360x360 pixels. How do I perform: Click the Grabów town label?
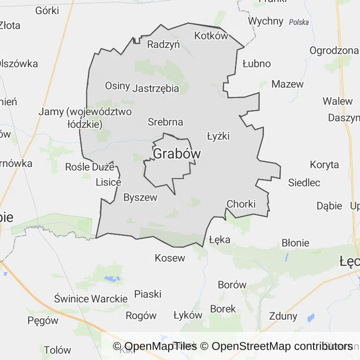pyautogui.click(x=177, y=154)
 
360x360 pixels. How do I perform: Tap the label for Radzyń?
pyautogui.click(x=164, y=45)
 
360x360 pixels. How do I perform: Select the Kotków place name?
pyautogui.click(x=211, y=36)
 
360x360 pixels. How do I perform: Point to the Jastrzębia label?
pyautogui.click(x=156, y=88)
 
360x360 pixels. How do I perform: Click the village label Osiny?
pyautogui.click(x=117, y=85)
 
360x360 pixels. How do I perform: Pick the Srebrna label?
pyautogui.click(x=165, y=122)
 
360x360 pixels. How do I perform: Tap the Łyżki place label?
pyautogui.click(x=218, y=136)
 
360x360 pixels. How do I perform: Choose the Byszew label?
pyautogui.click(x=140, y=197)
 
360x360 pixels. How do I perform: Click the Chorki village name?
pyautogui.click(x=241, y=204)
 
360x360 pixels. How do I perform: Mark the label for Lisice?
pyautogui.click(x=108, y=182)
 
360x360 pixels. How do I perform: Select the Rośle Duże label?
pyautogui.click(x=90, y=166)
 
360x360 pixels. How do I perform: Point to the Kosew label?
pyautogui.click(x=170, y=258)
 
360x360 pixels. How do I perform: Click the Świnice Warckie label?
pyautogui.click(x=90, y=299)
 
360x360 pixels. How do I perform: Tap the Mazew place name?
pyautogui.click(x=287, y=84)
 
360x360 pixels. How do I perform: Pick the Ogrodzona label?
pyautogui.click(x=334, y=51)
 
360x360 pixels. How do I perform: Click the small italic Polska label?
pyautogui.click(x=299, y=22)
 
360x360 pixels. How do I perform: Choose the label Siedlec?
pyautogui.click(x=304, y=182)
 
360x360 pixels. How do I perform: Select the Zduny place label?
pyautogui.click(x=283, y=315)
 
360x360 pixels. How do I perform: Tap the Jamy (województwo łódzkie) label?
pyautogui.click(x=85, y=118)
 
